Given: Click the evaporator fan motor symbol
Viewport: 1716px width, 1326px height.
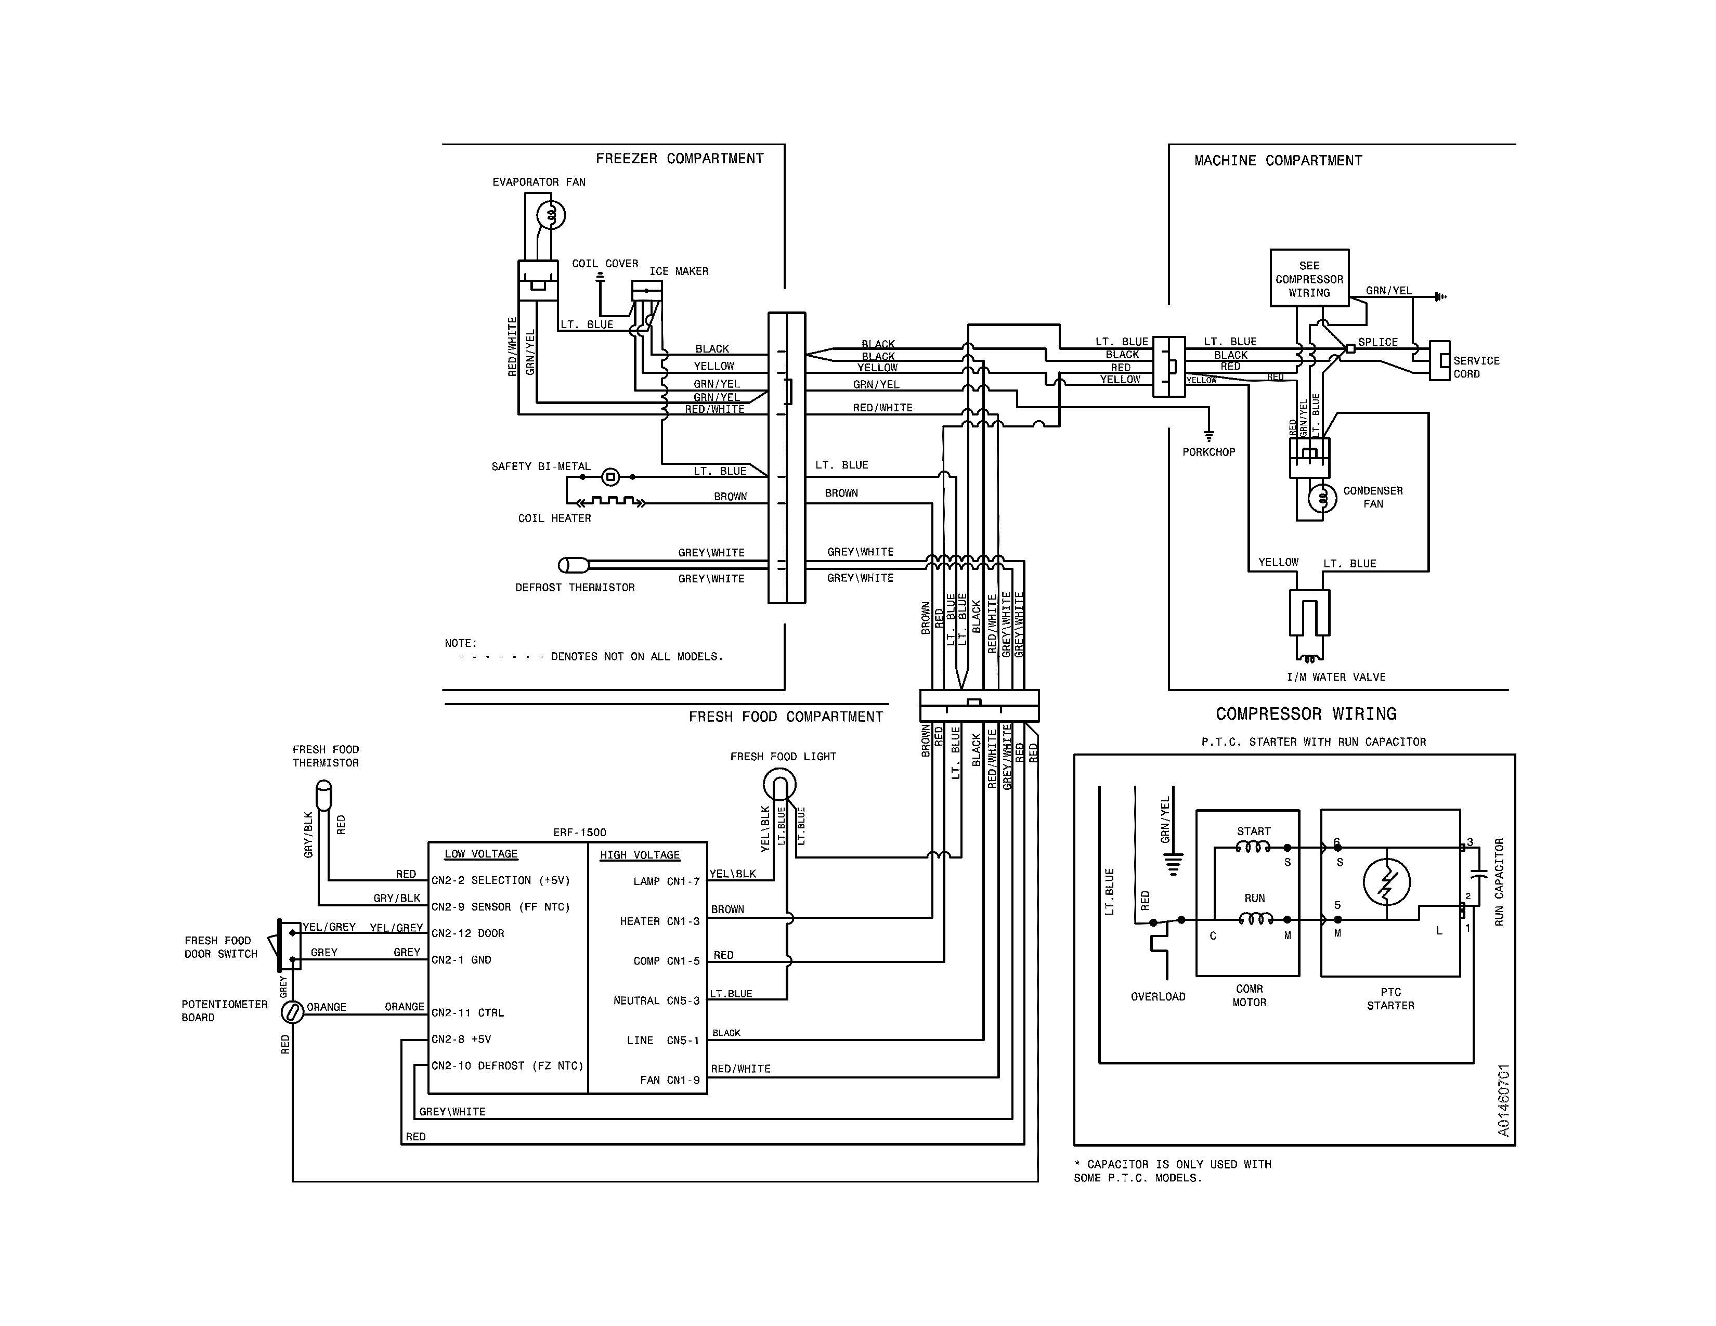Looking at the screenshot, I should (551, 214).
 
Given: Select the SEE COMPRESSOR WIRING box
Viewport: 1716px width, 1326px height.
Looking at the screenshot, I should (1309, 279).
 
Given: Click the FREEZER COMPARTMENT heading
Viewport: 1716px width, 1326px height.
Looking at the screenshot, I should (679, 159).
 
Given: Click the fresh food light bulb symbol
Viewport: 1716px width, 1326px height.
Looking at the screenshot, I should (779, 784).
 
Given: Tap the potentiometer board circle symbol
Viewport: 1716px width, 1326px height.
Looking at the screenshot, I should (292, 1012).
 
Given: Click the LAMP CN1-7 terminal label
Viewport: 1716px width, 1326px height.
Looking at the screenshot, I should (666, 881).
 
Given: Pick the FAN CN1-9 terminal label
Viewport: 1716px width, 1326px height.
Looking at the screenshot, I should (669, 1080).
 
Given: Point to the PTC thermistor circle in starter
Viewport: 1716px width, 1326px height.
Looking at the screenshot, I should (1387, 882).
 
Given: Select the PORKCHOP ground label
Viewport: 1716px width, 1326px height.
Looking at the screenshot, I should (1208, 452).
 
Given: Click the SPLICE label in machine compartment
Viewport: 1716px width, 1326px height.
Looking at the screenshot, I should (1377, 343).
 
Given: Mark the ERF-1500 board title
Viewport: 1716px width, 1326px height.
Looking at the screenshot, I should (579, 833).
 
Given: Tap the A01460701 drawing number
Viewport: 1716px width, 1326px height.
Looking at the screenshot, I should (1503, 1100).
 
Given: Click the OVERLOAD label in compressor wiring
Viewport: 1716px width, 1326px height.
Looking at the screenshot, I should (1158, 997).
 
